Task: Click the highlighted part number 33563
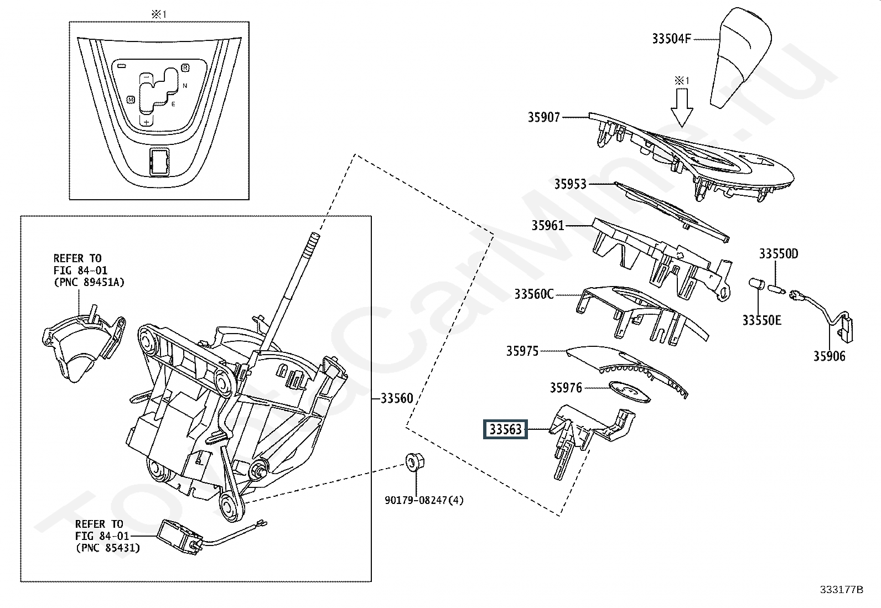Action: [505, 429]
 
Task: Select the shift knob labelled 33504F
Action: [740, 58]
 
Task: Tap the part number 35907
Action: [543, 117]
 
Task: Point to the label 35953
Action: [571, 184]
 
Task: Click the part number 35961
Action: [548, 225]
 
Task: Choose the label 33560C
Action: [534, 294]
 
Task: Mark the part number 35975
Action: [522, 351]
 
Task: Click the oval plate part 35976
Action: [629, 392]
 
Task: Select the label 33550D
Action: [779, 254]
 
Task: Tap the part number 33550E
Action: [762, 320]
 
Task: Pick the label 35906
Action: [829, 356]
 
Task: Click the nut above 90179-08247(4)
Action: [414, 462]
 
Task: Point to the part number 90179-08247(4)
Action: [424, 500]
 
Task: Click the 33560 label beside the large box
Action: [397, 398]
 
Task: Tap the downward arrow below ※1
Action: [682, 107]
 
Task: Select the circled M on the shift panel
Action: [131, 100]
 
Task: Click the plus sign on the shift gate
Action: [146, 122]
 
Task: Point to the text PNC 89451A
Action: [89, 282]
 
